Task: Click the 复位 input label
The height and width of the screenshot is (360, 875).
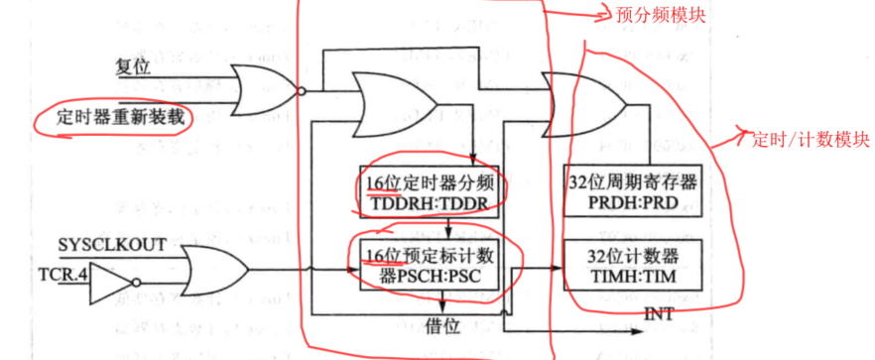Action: [134, 66]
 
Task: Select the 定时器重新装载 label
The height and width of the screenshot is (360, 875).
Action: [112, 117]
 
